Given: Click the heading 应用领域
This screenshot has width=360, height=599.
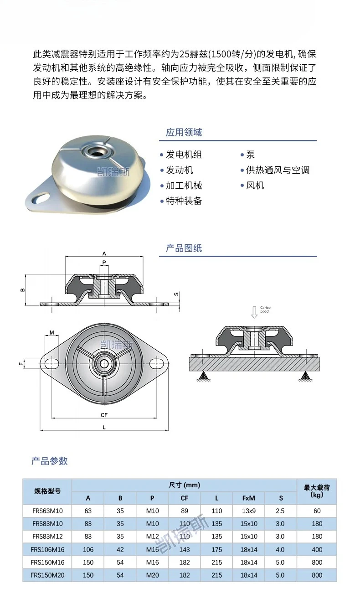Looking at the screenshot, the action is tap(184, 132).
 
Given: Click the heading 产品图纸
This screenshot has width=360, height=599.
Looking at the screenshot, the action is tap(184, 248).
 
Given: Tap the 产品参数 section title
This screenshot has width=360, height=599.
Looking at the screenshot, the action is tap(50, 461).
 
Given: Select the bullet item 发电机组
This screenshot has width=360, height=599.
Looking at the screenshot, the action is tap(184, 155).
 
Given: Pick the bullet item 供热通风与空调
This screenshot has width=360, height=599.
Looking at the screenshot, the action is tap(278, 170).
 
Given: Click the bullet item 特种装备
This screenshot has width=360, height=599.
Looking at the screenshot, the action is tap(184, 201).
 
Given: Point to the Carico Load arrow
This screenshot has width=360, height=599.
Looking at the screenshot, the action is tap(254, 312).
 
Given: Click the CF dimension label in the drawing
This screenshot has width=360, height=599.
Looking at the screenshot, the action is tap(104, 415).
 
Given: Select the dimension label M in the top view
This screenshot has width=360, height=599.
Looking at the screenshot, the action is tap(52, 332).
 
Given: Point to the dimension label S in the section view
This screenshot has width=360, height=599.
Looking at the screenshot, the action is tap(176, 294).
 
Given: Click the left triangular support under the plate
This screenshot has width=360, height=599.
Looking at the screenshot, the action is tap(204, 376).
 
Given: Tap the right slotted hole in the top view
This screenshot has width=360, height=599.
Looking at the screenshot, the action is tap(156, 363).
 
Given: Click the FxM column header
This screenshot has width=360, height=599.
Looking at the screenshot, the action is tap(248, 498).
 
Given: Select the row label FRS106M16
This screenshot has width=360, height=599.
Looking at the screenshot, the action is tap(47, 549).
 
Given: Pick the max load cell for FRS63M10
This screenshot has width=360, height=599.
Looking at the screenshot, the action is tap(317, 511).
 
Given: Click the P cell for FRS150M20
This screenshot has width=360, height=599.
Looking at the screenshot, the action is tap(152, 575).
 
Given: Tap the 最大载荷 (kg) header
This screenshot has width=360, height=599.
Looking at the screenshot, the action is tap(317, 491).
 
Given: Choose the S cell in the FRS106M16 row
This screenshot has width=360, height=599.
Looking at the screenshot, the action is tap(280, 549).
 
